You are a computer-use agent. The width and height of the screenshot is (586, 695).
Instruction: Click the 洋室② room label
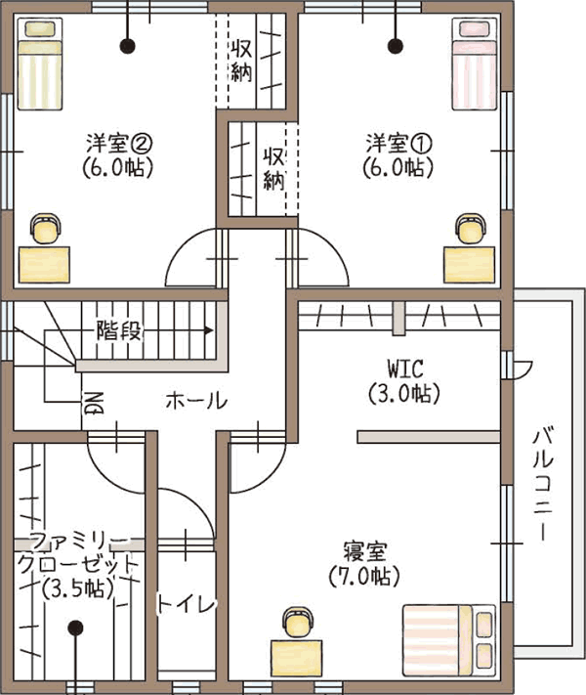(x=119, y=143)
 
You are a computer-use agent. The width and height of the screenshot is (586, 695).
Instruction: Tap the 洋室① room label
(x=398, y=143)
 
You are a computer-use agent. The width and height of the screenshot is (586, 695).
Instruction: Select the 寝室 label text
(x=365, y=551)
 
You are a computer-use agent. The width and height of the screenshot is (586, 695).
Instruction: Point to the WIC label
(x=405, y=369)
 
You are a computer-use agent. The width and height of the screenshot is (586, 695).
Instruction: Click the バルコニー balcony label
(x=543, y=484)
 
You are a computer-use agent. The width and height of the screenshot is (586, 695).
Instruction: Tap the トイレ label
(x=187, y=605)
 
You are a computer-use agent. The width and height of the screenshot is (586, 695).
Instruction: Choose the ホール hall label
(x=196, y=401)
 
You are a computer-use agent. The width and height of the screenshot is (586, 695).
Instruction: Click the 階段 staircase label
(x=119, y=330)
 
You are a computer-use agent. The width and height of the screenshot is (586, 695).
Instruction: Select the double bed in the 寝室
(x=449, y=637)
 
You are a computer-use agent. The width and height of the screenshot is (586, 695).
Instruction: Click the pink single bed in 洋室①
(x=475, y=64)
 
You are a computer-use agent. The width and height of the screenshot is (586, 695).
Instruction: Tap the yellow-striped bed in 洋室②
(x=39, y=64)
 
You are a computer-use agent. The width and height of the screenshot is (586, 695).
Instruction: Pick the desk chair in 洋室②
(x=44, y=230)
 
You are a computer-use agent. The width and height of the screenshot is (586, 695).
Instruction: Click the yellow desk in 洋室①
(x=469, y=265)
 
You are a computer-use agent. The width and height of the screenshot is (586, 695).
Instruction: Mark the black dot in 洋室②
(x=128, y=46)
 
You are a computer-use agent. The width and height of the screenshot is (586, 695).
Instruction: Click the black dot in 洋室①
(x=396, y=46)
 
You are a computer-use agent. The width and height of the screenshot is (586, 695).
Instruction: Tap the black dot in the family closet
(x=76, y=628)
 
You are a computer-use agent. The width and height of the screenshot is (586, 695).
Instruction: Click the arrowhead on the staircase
(x=209, y=330)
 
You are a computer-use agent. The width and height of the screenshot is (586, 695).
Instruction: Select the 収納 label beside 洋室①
(x=273, y=169)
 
